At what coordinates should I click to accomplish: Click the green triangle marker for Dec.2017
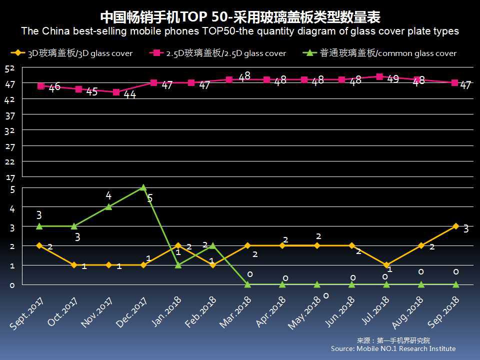143,187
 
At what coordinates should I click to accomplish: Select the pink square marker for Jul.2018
379,77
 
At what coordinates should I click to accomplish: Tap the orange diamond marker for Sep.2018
455,226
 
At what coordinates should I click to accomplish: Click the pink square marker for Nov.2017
116,92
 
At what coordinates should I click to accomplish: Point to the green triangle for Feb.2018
213,245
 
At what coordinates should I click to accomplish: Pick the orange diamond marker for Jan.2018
178,245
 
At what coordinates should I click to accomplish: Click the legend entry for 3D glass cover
73,53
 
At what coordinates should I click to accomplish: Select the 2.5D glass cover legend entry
219,53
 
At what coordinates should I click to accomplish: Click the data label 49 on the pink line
393,78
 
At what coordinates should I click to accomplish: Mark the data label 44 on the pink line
130,94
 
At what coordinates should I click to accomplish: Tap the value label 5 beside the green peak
149,198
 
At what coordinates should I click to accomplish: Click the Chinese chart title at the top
240,17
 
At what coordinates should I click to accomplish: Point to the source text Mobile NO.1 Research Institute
393,348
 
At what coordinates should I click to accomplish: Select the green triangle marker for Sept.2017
39,226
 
